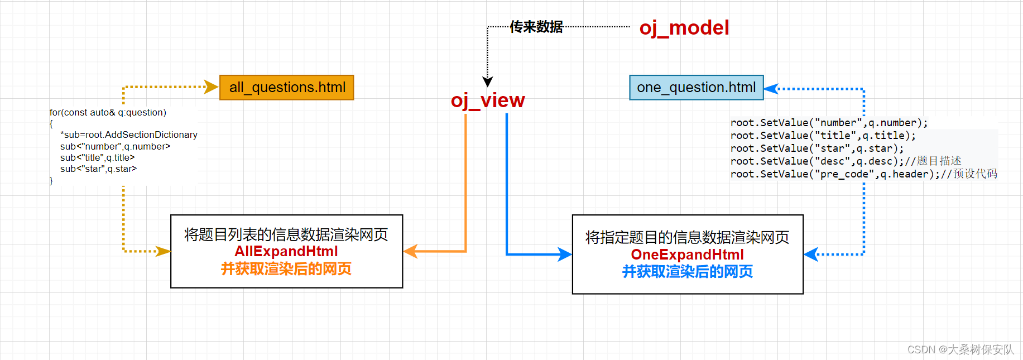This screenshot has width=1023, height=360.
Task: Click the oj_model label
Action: click(x=684, y=28)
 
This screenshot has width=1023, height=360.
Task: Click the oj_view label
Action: click(x=488, y=100)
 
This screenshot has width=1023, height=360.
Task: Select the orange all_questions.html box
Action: click(x=287, y=88)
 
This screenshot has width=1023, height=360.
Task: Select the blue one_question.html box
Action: click(x=696, y=88)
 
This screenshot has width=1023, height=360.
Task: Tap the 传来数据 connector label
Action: click(x=536, y=27)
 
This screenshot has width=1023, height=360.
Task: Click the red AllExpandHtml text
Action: click(x=286, y=251)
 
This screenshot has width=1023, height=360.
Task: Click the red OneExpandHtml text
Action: click(x=687, y=255)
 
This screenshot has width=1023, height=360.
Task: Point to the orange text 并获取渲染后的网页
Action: click(x=286, y=269)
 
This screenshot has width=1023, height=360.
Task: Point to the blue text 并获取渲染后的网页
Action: click(x=687, y=272)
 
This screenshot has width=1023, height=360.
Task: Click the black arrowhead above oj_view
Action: click(x=488, y=81)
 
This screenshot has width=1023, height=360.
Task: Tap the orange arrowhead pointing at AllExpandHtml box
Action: click(x=410, y=251)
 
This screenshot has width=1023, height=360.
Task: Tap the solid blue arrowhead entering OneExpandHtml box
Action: click(x=565, y=255)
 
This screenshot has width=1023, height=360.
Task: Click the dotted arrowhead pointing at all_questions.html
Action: click(x=212, y=87)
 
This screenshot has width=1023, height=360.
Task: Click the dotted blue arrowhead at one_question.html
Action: click(x=771, y=89)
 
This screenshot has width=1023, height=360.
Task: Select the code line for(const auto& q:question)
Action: click(x=108, y=112)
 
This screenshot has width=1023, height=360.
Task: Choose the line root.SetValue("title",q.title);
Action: click(x=823, y=136)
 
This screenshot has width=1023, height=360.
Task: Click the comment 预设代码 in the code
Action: click(x=975, y=174)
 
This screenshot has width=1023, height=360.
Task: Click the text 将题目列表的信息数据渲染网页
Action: click(x=286, y=234)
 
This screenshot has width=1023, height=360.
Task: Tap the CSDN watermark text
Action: click(x=960, y=349)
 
